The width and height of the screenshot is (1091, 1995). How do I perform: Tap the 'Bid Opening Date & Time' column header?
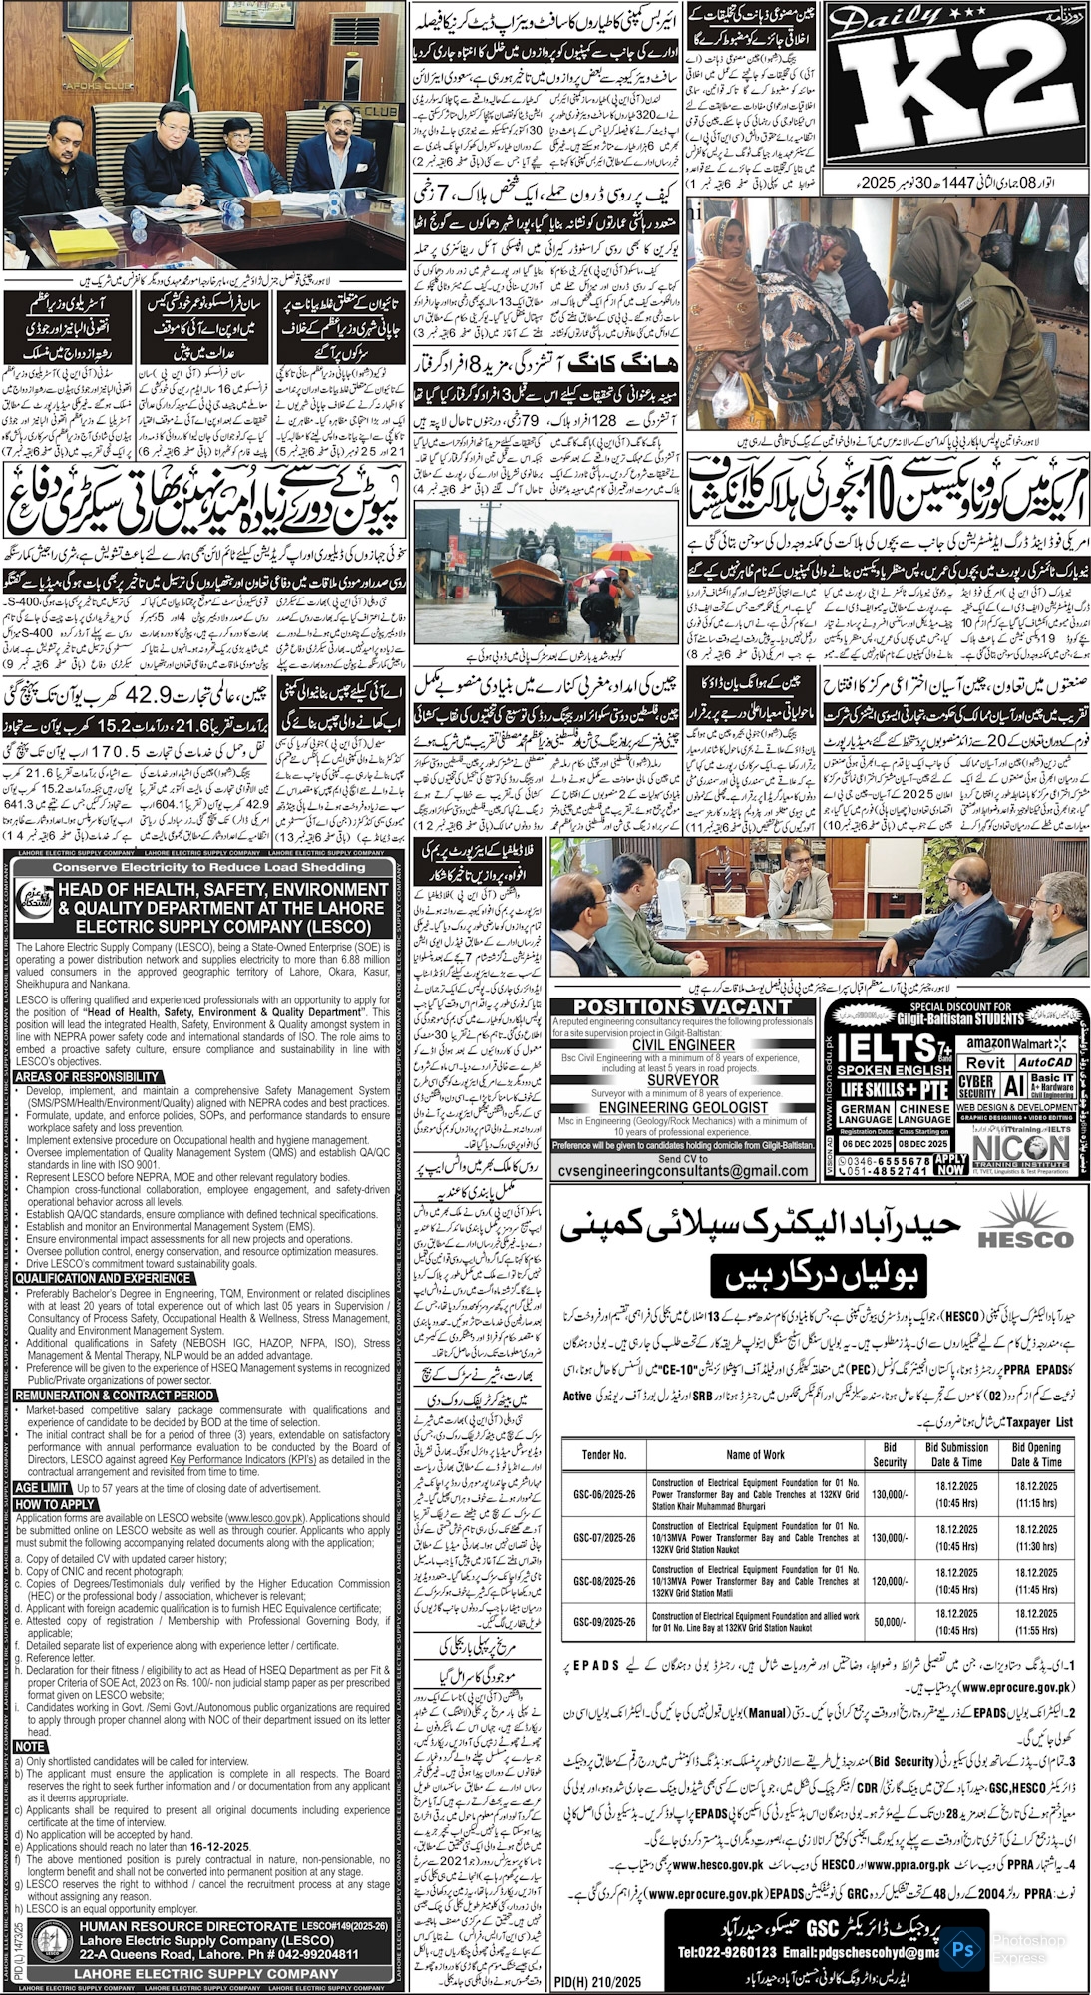point(1036,1454)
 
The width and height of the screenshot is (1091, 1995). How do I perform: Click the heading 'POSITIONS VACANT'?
point(682,1007)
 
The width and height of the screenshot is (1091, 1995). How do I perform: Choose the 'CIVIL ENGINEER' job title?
point(682,1045)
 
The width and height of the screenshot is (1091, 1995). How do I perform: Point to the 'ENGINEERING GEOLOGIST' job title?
point(682,1108)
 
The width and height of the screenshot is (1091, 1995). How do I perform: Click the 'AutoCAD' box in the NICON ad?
point(1045,1064)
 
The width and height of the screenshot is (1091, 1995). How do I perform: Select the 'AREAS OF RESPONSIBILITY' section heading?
point(88,1077)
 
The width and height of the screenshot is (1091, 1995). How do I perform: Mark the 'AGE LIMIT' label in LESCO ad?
point(43,1488)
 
